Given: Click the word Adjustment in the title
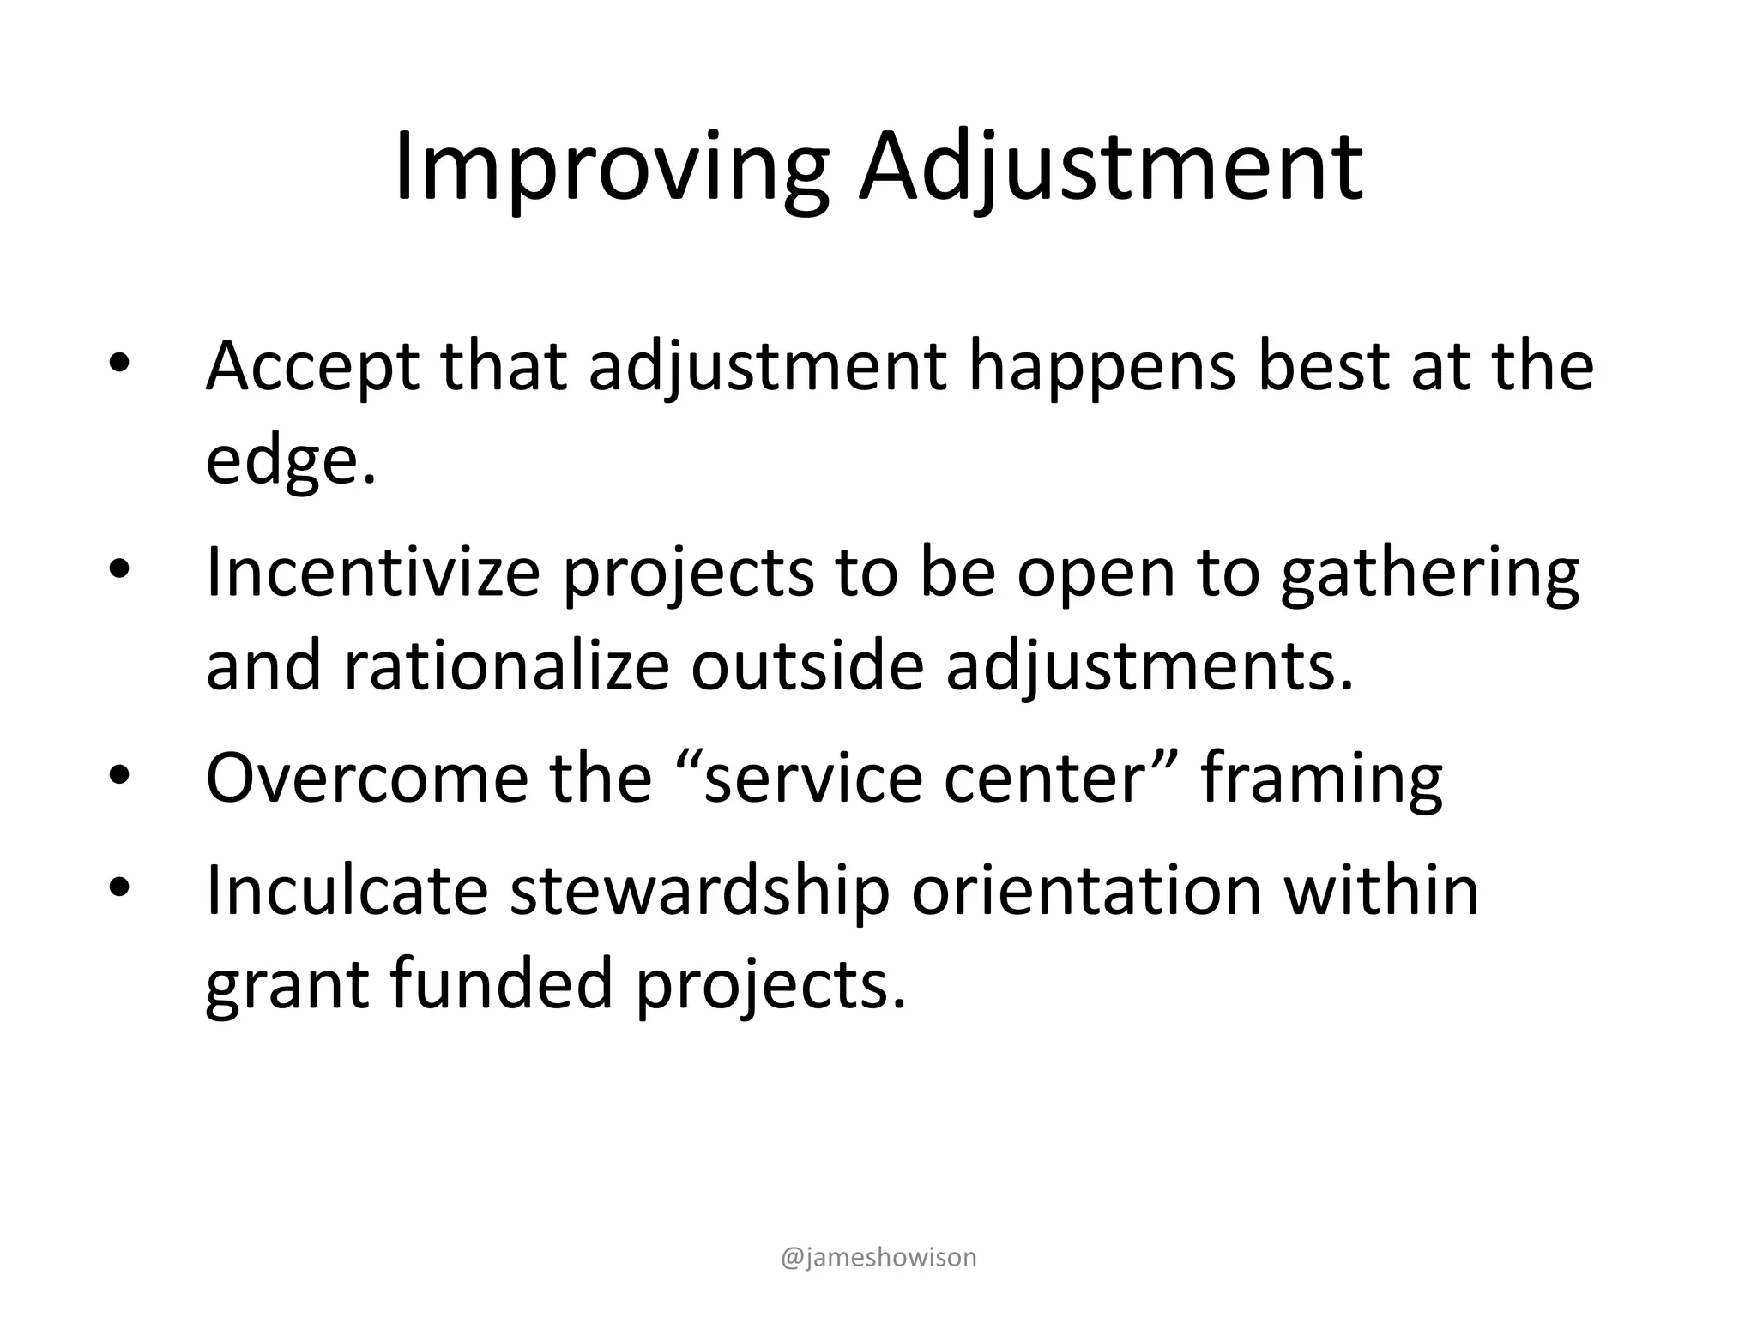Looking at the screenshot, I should [x=1111, y=167].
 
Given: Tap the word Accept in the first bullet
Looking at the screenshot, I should [x=312, y=367].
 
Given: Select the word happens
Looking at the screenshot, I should [x=1102, y=367].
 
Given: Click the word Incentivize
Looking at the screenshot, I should [x=373, y=573].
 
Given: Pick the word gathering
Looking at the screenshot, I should [x=1429, y=573].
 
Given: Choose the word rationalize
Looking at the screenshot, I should [x=506, y=666].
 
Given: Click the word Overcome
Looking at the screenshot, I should [x=367, y=778].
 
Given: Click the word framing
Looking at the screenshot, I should [x=1321, y=778].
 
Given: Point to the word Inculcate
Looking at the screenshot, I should [x=347, y=889].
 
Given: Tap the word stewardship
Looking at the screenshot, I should [x=700, y=889].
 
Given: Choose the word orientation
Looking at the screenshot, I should [x=1086, y=889].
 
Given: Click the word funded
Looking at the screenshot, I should [x=501, y=983].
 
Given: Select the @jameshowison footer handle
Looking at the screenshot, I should [x=878, y=1257].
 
